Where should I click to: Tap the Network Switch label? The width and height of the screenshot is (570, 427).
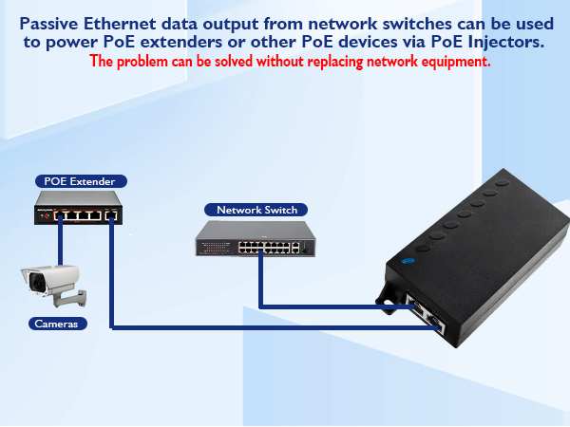coord(256,210)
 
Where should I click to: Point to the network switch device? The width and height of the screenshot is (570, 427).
coord(256,242)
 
